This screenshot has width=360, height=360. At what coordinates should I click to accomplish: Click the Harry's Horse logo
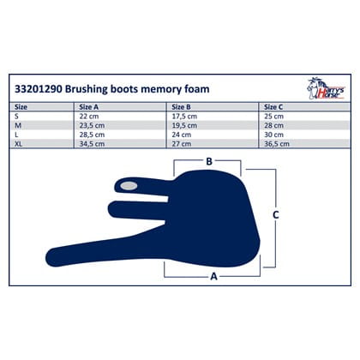(326, 88)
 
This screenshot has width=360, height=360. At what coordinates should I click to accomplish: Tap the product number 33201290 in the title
(39, 89)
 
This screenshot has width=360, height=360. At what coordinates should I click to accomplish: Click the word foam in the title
(197, 89)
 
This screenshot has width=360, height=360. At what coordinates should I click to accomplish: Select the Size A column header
(89, 107)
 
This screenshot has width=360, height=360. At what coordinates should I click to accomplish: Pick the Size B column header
(181, 107)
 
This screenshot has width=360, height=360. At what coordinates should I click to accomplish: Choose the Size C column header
(273, 107)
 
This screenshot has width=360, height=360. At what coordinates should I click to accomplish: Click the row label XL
(19, 144)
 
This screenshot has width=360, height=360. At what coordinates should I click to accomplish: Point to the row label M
(18, 125)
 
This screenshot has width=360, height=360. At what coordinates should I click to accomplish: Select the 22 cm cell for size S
(89, 117)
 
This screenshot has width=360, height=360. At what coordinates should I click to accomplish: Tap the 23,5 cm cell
(92, 125)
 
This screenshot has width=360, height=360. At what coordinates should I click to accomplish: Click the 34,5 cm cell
(92, 144)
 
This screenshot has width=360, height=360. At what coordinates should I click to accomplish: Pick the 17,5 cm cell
(184, 117)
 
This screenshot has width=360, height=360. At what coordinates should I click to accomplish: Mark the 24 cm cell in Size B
(182, 135)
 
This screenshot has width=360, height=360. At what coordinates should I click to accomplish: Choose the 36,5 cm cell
(277, 144)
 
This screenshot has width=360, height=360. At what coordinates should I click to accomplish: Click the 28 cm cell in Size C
(273, 125)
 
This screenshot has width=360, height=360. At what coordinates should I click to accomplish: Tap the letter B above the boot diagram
(209, 161)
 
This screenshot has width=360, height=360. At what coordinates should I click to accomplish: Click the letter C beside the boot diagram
(276, 214)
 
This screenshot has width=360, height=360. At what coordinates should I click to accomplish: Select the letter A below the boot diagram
(213, 276)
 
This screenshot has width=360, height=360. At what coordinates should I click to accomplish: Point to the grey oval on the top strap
(129, 186)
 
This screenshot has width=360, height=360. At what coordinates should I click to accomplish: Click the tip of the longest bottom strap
(45, 258)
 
